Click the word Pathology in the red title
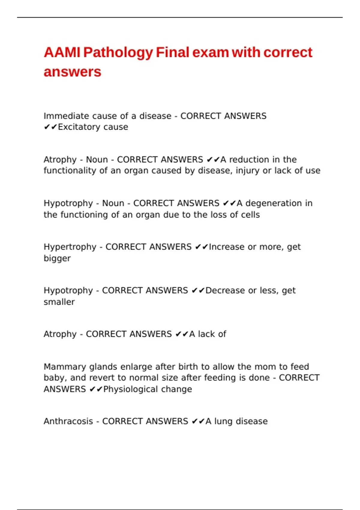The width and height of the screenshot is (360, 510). pos(118,52)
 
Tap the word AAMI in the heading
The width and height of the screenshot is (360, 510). pos(62,52)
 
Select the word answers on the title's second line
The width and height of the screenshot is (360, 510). pos(72,72)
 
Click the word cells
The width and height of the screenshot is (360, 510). pos(251,214)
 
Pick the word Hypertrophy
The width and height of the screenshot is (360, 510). pos(70,247)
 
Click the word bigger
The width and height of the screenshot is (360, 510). pos(57,258)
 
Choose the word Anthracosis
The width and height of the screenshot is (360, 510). pos(68,421)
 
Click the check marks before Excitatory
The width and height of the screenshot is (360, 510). pos(50,127)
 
